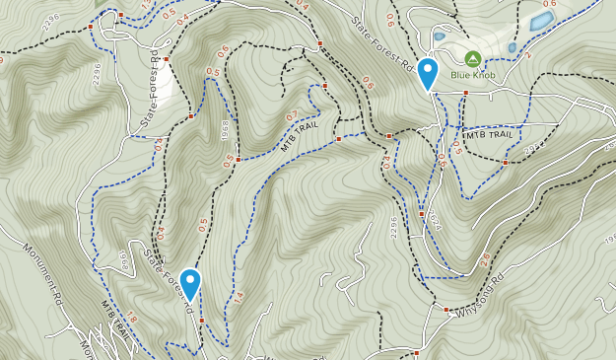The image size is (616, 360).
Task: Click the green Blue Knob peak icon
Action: click(473, 59)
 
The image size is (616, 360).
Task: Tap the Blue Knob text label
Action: click(473, 75)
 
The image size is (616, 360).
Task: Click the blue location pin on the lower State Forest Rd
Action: click(190, 285)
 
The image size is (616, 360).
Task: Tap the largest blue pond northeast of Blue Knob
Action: click(541, 20)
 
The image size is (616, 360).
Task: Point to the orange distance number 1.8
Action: click(127, 319)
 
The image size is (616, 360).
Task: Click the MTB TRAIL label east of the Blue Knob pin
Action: click(490, 134)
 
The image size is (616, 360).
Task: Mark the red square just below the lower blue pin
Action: click(201, 321)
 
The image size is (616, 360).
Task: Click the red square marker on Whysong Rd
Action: click(422, 350)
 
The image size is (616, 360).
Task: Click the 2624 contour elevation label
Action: click(435, 225)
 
